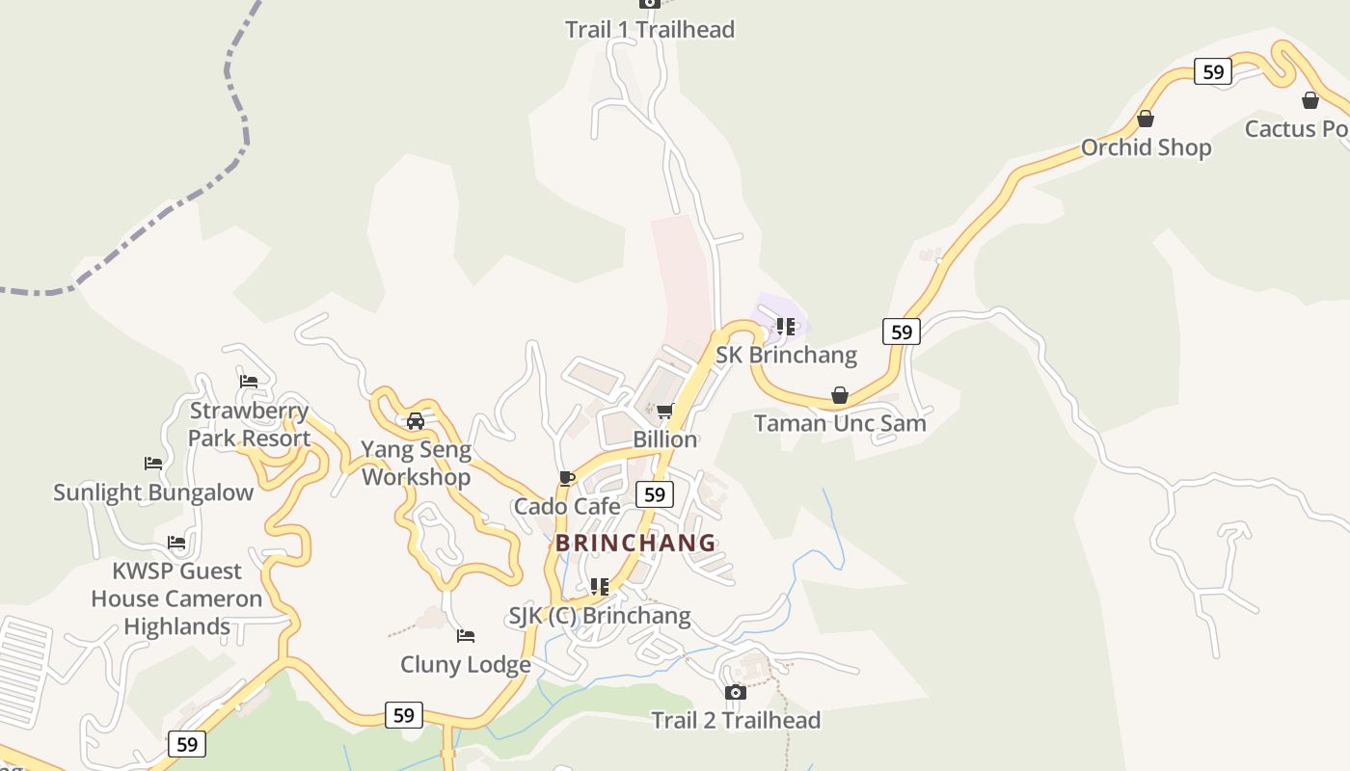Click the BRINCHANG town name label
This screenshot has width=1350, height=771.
pyautogui.click(x=635, y=543)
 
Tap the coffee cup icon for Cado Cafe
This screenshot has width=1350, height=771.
pyautogui.click(x=567, y=478)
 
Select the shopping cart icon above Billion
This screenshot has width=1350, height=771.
pyautogui.click(x=664, y=412)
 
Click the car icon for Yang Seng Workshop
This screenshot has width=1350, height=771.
pyautogui.click(x=416, y=421)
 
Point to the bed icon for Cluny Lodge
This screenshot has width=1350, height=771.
pyautogui.click(x=466, y=636)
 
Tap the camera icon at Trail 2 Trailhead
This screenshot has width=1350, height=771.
pyautogui.click(x=736, y=692)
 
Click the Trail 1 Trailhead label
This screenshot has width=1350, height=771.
pyautogui.click(x=650, y=30)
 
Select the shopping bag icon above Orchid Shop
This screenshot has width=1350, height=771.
pyautogui.click(x=1146, y=119)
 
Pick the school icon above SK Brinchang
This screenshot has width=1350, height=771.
pyautogui.click(x=786, y=327)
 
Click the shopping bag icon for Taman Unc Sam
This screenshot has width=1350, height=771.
pyautogui.click(x=840, y=395)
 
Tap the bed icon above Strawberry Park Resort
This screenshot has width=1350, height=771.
pyautogui.click(x=249, y=381)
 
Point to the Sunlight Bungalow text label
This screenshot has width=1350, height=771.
pyautogui.click(x=153, y=492)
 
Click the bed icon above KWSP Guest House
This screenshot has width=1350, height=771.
pyautogui.click(x=176, y=543)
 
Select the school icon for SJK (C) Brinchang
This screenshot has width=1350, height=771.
pyautogui.click(x=600, y=586)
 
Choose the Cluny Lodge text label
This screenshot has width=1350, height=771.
pyautogui.click(x=466, y=665)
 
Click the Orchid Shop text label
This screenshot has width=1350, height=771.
pyautogui.click(x=1146, y=147)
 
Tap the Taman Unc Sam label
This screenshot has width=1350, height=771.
pyautogui.click(x=840, y=423)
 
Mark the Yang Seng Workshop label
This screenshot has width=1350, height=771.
pyautogui.click(x=416, y=463)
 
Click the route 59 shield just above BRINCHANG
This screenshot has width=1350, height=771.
pyautogui.click(x=655, y=494)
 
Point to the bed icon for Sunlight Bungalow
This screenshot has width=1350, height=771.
pyautogui.click(x=153, y=464)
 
